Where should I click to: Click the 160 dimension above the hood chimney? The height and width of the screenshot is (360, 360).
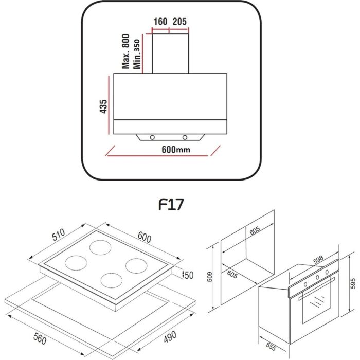coord(160,22)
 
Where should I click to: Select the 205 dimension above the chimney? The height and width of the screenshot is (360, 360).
coord(179,22)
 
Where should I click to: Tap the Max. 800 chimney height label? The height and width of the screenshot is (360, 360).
coord(126,51)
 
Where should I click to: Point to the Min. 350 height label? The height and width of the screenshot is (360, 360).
coord(137,54)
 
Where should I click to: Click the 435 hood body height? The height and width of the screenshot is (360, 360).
coord(103,106)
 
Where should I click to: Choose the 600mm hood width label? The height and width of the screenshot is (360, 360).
coord(176,150)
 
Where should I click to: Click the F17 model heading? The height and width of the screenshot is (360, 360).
coord(171,204)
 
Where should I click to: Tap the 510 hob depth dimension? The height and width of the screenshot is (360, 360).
coord(59,235)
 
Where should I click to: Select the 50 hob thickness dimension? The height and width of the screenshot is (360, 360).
coord(189,275)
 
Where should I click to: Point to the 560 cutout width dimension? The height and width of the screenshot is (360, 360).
coord(40,338)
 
